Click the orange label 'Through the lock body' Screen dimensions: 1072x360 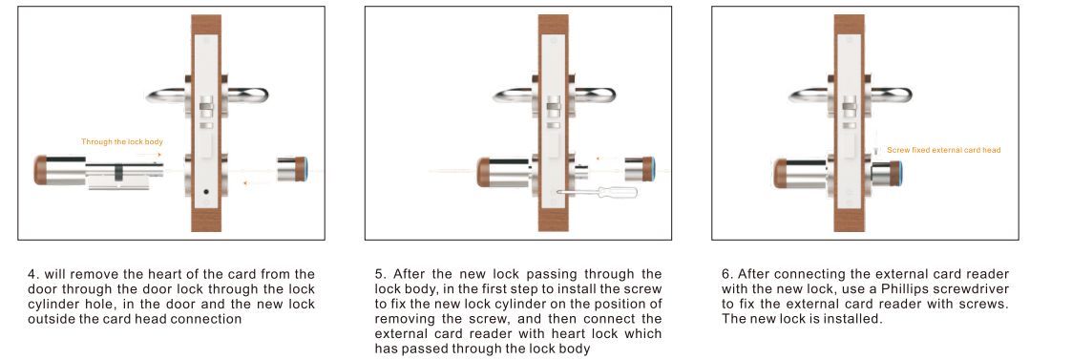coord(122,141)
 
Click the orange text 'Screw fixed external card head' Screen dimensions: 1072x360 coord(943,149)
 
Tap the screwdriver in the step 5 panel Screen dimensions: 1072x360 coord(597,192)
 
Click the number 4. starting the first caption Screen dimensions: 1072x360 coord(32,274)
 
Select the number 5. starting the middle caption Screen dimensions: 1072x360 coord(380,274)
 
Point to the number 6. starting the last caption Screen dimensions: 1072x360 coord(727,274)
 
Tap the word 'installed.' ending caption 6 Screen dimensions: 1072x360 coord(857,319)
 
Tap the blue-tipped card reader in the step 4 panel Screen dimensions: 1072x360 coord(294,170)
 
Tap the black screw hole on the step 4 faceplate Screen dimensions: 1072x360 coord(203,192)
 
